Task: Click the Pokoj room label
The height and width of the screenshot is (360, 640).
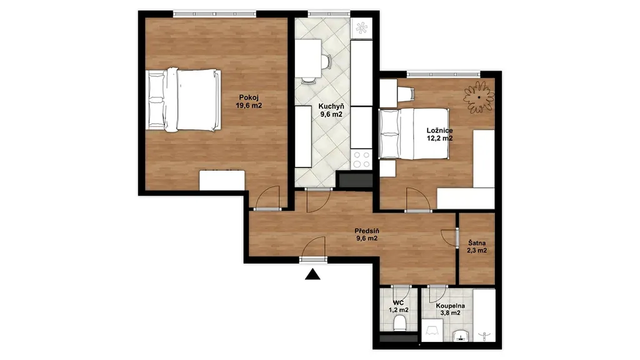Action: coord(249,97)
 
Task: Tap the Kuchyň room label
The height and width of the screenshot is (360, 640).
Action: coord(331,106)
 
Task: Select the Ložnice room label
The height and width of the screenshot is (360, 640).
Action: coord(439,131)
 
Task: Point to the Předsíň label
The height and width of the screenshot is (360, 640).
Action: coord(366,231)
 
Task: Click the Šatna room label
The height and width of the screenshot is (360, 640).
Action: coord(477,243)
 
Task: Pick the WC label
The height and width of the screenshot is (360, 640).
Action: coord(398,303)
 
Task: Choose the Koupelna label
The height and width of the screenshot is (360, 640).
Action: coord(450,306)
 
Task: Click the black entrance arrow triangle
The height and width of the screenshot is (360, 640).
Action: coord(312,274)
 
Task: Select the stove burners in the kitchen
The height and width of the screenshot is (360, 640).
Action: coord(362,159)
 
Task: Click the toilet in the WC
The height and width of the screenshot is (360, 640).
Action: coord(399,324)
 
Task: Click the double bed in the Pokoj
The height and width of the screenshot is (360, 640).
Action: coord(183,100)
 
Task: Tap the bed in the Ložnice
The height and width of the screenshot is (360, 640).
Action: coord(414,134)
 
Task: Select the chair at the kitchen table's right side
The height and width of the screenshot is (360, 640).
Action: coord(326,62)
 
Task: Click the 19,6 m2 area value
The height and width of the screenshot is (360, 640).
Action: coord(249,105)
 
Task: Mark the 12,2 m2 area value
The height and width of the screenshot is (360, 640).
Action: coord(439,138)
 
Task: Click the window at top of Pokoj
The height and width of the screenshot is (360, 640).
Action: coord(215,14)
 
